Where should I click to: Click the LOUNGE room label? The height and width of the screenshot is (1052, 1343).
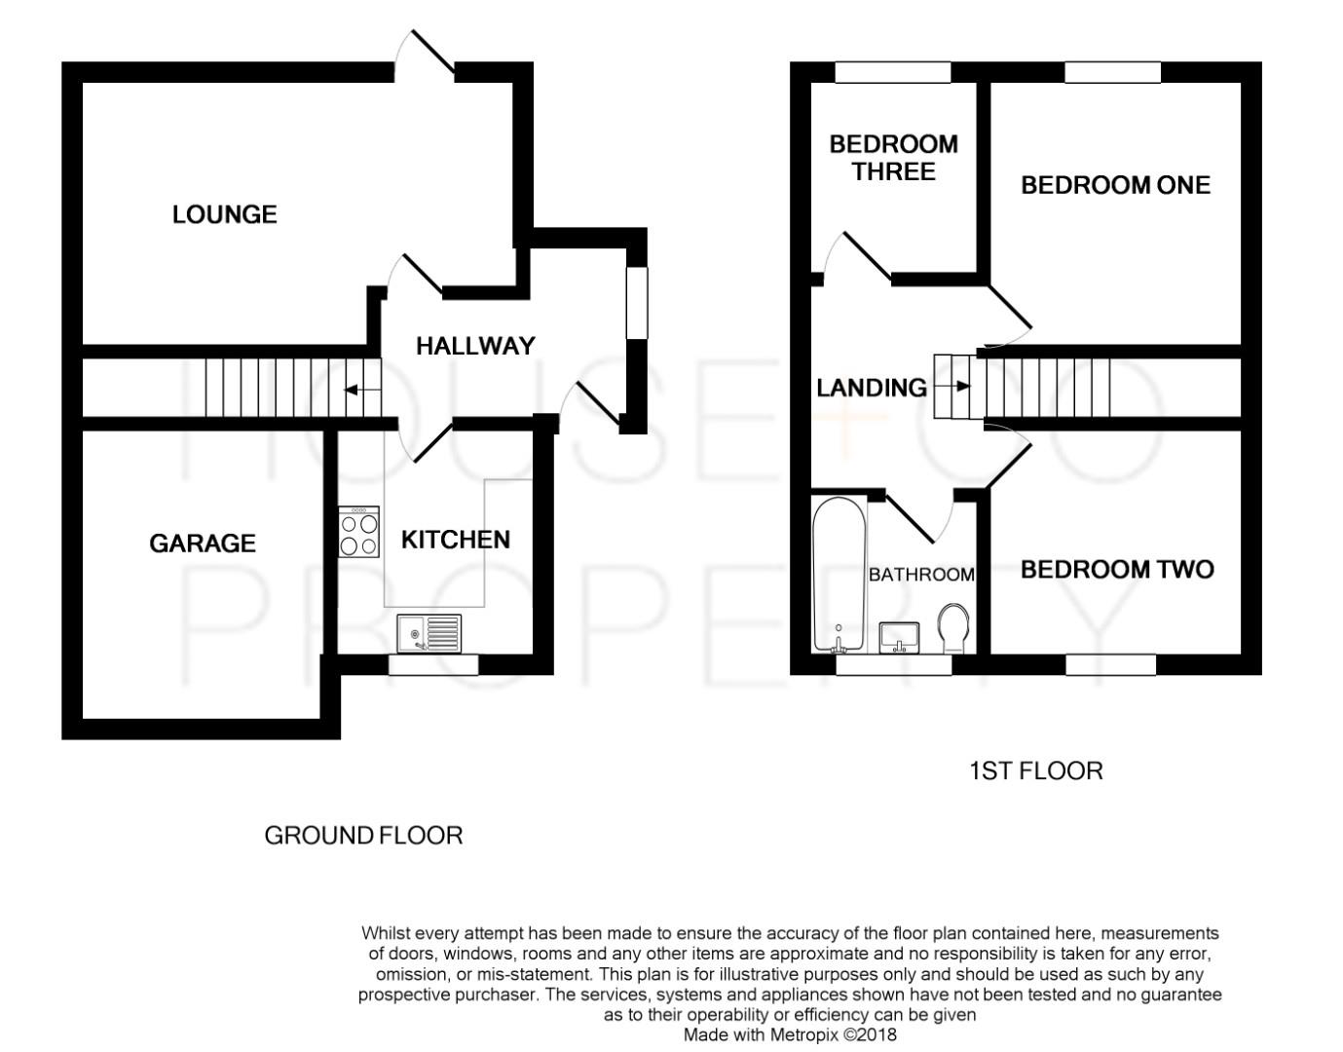pos(224,214)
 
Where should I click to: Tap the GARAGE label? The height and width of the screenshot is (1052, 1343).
pos(202,544)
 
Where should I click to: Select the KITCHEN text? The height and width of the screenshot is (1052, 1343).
pos(455,540)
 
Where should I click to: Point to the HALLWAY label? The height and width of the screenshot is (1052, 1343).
pos(475,346)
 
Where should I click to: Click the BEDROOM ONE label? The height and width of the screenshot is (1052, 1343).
pos(1115,185)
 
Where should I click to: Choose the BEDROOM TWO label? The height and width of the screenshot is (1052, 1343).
pos(1116,570)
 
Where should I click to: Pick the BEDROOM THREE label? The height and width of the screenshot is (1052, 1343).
pos(893,158)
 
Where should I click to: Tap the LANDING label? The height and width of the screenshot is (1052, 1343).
pos(871,388)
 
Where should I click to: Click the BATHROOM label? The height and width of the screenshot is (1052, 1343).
pos(920,575)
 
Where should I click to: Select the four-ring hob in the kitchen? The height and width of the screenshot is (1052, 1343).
pos(358,533)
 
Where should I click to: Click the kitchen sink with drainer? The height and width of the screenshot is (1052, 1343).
pos(429,633)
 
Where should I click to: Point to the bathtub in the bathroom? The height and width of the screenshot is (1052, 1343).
pos(839,575)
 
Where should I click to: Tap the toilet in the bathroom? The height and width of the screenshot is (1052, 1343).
pos(953,628)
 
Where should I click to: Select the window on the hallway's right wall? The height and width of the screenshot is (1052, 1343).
pos(637,303)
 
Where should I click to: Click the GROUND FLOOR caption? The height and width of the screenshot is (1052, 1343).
pos(363,836)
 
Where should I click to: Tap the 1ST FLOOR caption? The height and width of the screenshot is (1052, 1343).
pos(1036,771)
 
